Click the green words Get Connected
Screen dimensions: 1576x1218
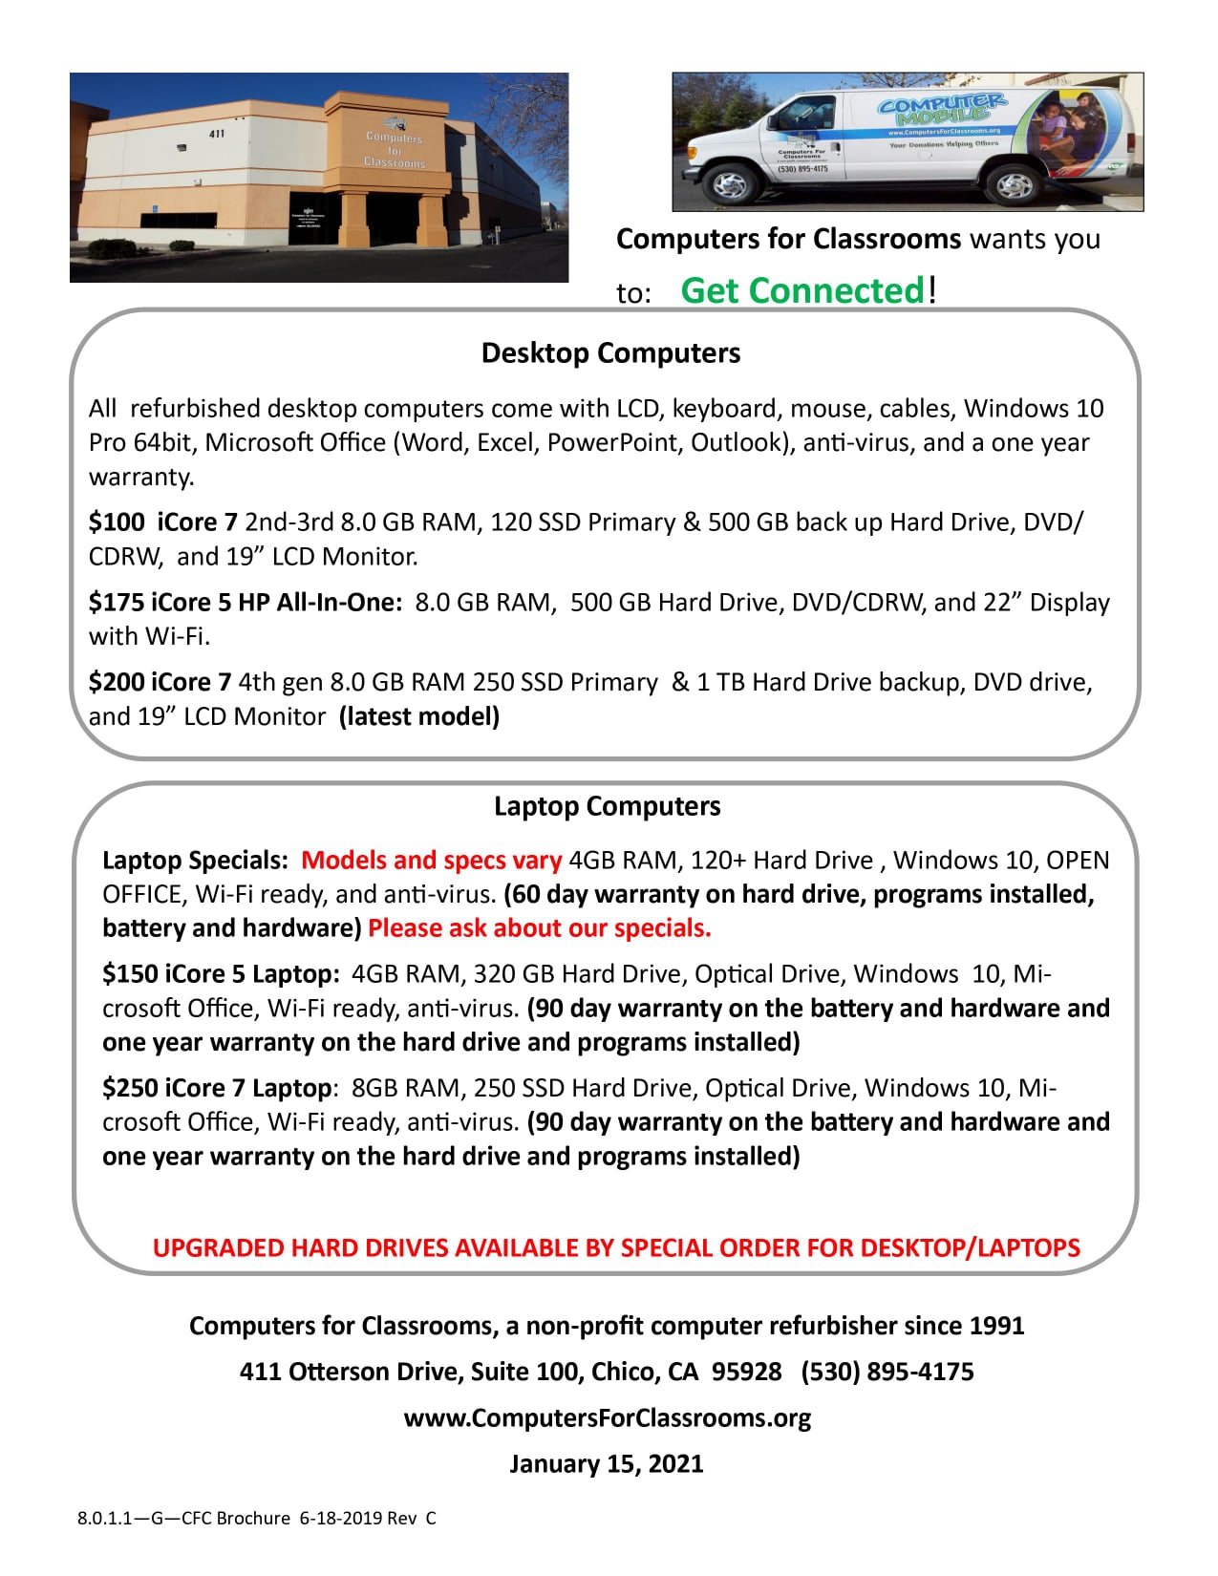[x=802, y=290]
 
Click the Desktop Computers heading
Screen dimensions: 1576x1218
[x=610, y=352]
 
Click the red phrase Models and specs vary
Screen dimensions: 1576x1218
[x=431, y=860]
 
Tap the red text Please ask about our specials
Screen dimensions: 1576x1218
[x=539, y=927]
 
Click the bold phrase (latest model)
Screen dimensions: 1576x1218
[x=419, y=716]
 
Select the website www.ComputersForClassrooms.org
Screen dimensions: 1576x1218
[x=607, y=1417]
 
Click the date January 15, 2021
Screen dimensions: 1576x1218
[x=607, y=1463]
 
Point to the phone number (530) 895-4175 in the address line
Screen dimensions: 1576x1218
[x=887, y=1372]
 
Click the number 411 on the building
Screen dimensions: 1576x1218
[x=217, y=133]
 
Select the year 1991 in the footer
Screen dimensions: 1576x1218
[x=996, y=1326]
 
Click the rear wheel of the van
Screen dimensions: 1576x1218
[x=1014, y=184]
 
